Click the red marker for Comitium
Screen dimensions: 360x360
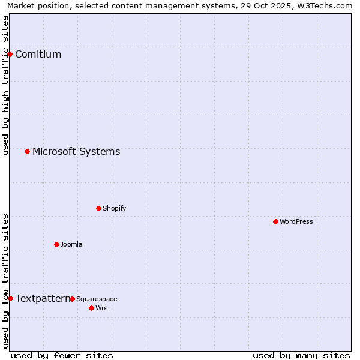pos(10,54)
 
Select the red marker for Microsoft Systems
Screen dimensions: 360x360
pos(27,151)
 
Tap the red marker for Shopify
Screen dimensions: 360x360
pos(98,208)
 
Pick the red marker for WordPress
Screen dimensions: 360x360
pos(275,221)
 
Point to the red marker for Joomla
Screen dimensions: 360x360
pos(56,244)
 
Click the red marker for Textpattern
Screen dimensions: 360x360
pos(10,298)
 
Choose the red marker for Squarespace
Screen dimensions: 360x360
pos(72,299)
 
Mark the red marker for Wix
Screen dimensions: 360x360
pos(91,308)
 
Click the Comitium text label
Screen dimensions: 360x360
pos(38,55)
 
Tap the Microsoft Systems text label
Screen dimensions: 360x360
pos(76,151)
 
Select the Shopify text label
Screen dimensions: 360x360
pos(114,209)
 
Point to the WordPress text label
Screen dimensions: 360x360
pos(296,222)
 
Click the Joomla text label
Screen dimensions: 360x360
pos(71,245)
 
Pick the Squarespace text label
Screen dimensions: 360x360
pos(97,299)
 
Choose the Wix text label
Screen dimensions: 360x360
pos(101,308)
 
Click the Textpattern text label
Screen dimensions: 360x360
pos(43,298)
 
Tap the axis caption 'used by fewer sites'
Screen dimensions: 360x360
pos(62,355)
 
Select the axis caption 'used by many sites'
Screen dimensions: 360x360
pos(301,355)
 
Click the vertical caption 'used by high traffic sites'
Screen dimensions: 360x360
pos(5,85)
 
